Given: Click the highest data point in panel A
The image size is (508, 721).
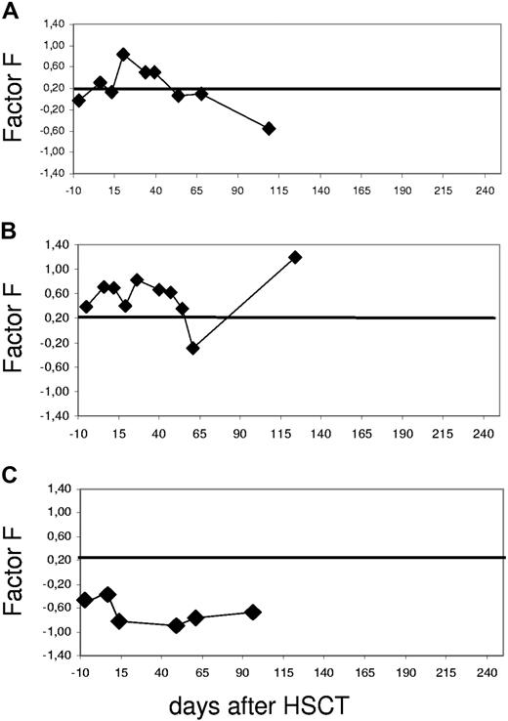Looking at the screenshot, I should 123,55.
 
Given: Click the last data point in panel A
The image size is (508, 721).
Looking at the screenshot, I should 269,128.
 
